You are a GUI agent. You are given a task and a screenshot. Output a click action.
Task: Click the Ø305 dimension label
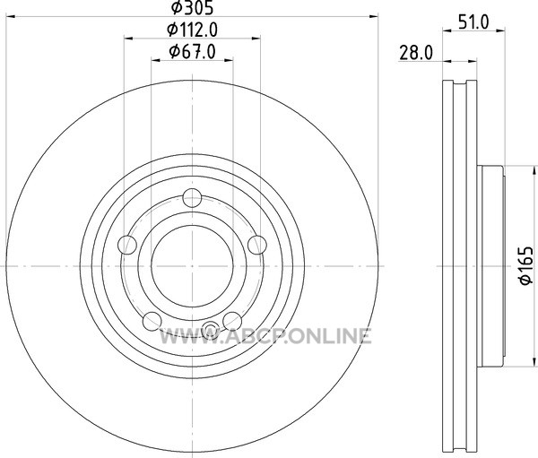point(192,7)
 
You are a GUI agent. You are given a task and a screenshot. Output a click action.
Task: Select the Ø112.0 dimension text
point(192,30)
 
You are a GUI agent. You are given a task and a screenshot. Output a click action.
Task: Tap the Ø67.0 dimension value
point(192,52)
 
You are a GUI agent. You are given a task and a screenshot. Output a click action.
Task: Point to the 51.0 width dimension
point(473,22)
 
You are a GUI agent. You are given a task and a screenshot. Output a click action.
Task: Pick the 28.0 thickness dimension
point(416,53)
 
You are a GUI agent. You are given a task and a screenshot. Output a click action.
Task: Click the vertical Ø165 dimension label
point(526,265)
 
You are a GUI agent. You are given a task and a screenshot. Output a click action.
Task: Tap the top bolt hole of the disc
point(192,197)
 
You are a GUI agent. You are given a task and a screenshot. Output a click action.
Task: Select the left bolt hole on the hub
point(127,245)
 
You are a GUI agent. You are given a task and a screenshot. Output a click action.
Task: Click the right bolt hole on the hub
point(257,245)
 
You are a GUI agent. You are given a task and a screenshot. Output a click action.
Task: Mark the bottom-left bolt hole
point(152,321)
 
